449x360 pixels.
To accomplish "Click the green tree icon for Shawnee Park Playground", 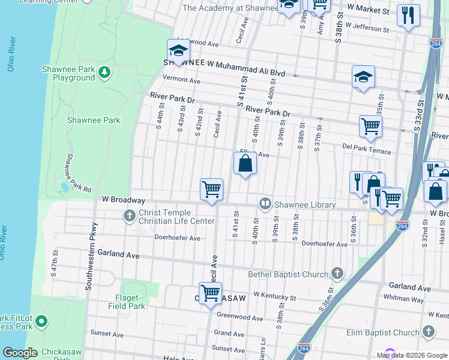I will click(x=105, y=73).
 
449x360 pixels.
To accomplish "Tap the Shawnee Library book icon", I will click(x=265, y=205).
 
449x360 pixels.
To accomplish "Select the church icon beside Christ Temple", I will click(x=129, y=215).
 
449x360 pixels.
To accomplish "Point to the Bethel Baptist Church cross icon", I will click(x=337, y=274).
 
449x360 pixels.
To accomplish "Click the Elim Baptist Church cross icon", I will click(x=428, y=332).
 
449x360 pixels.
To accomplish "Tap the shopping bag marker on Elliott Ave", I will click(x=245, y=163).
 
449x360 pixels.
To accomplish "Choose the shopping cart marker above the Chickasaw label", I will click(x=210, y=294).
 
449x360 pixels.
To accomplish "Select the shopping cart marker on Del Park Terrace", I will click(x=370, y=127).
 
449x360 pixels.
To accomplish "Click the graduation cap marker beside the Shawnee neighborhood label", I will click(x=178, y=51).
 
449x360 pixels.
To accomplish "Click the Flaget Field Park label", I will click(x=127, y=302).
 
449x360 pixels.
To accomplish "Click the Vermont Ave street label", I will click(x=181, y=80).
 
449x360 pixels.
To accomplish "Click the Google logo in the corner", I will click(x=20, y=353).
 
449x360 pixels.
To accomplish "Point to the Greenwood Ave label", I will click(x=240, y=317).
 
